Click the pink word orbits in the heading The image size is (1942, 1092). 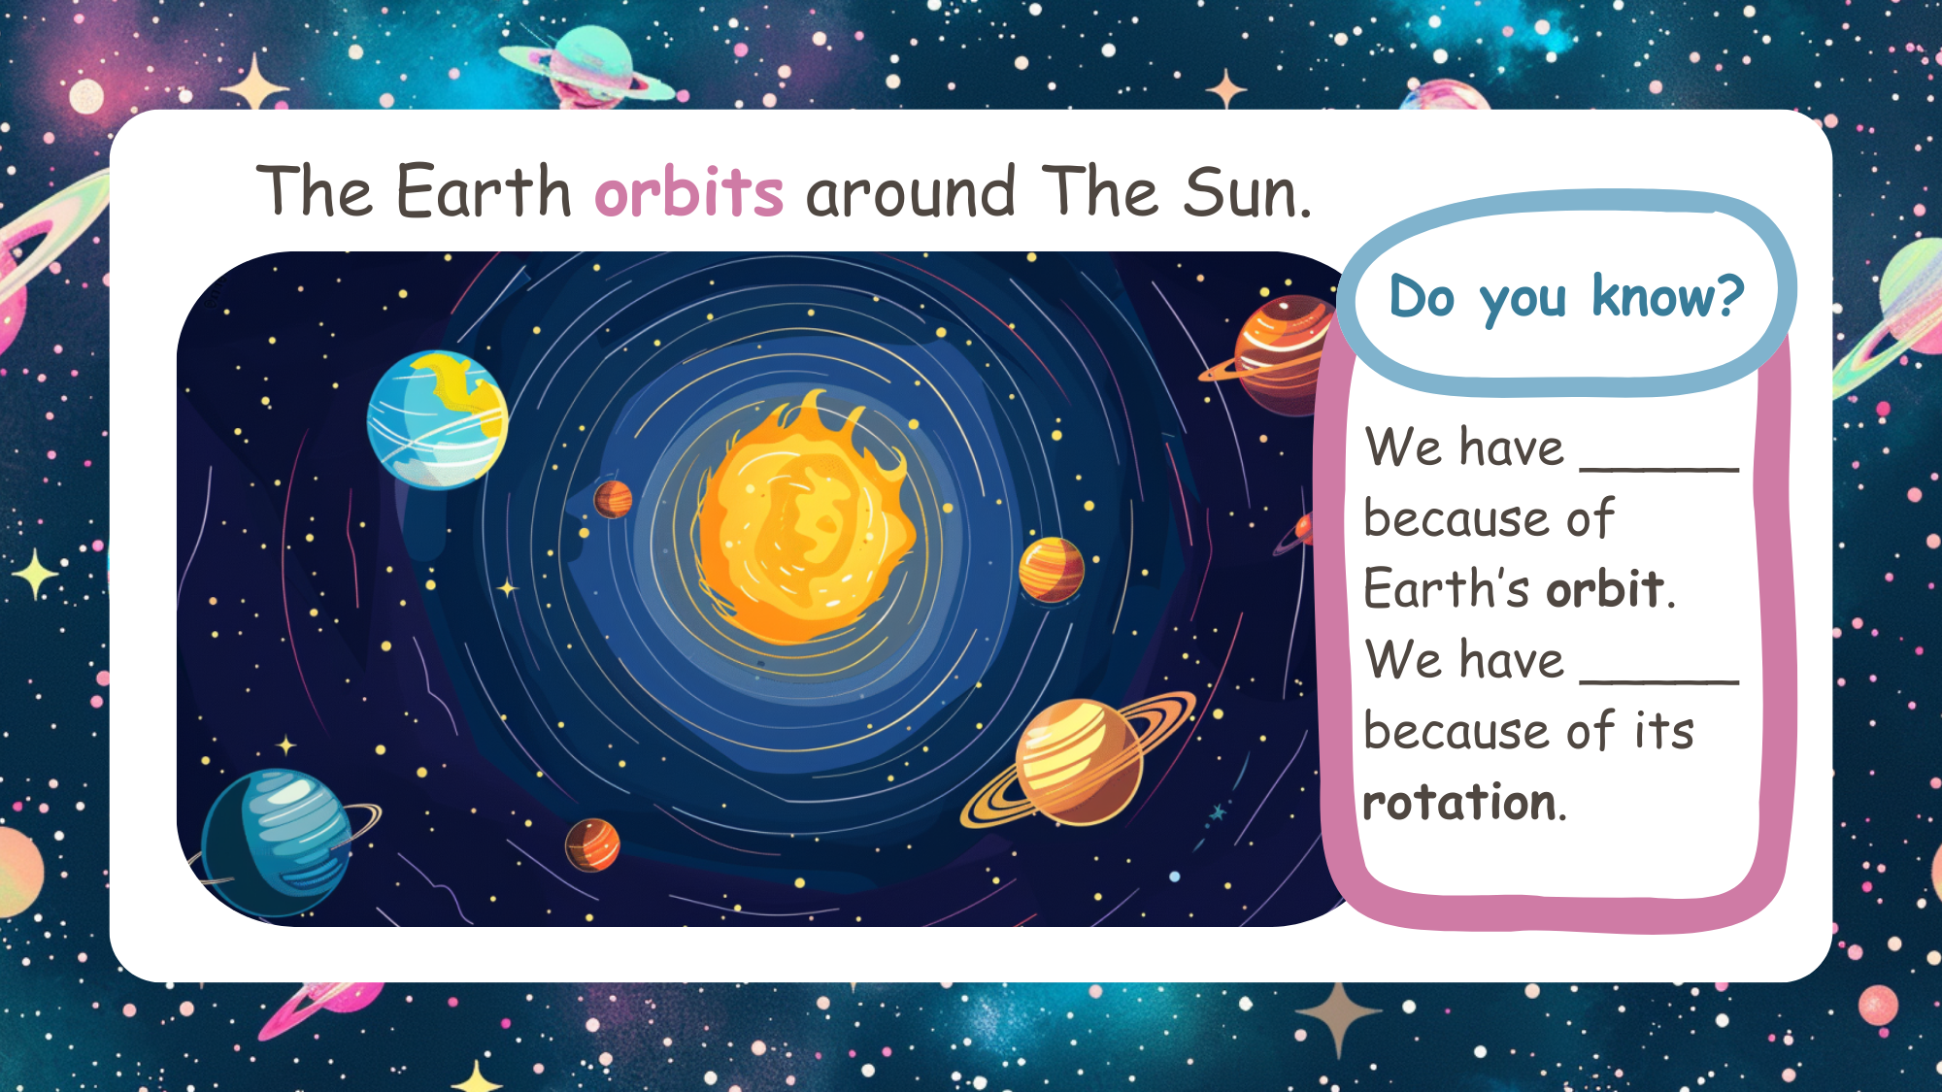click(x=688, y=191)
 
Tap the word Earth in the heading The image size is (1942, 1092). click(x=484, y=190)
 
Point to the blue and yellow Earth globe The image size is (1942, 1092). click(x=437, y=419)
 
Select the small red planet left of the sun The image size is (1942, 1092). click(x=613, y=499)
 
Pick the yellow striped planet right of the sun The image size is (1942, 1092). click(x=1051, y=570)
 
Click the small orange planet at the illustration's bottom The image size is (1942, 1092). click(x=592, y=844)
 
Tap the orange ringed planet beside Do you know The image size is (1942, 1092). click(x=1277, y=354)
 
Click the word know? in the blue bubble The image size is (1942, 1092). click(x=1668, y=296)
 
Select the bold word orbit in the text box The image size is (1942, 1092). click(x=1605, y=589)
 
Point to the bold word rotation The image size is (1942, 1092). click(x=1459, y=803)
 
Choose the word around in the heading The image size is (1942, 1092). click(x=911, y=193)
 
